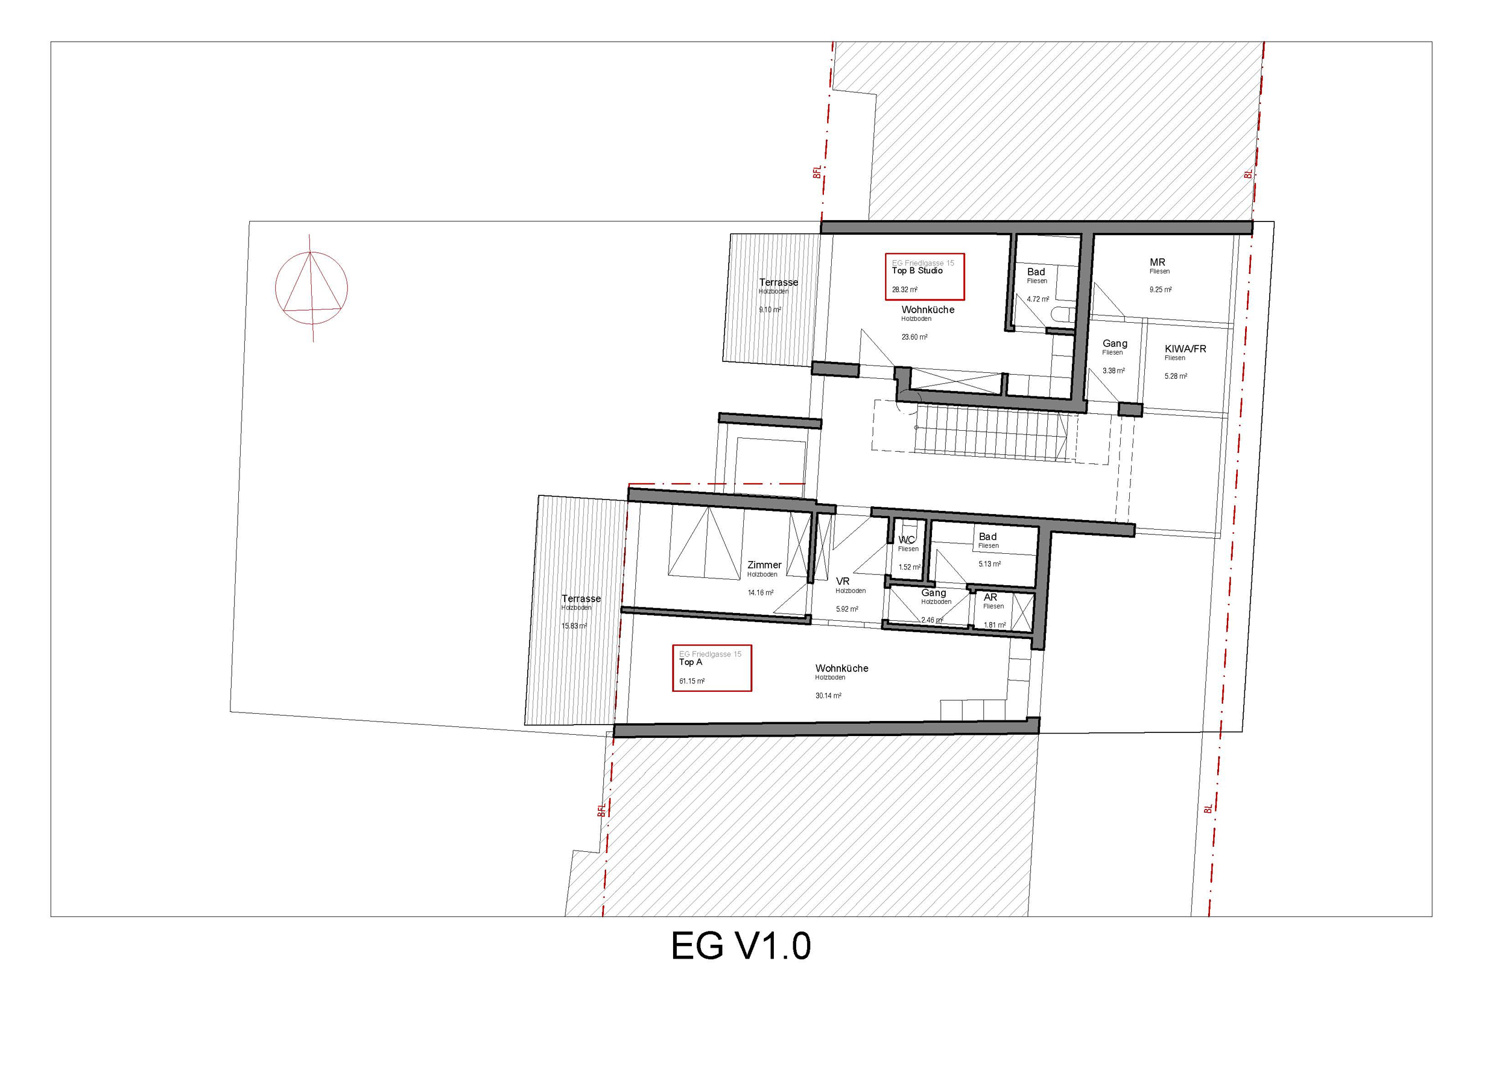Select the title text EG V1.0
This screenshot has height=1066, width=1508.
point(741,946)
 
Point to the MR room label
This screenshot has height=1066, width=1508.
point(1158,262)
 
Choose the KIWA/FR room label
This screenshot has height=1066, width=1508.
point(1185,349)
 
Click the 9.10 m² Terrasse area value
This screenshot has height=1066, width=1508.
point(770,309)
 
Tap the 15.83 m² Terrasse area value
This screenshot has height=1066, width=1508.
point(574,626)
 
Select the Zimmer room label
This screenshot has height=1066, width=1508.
point(764,565)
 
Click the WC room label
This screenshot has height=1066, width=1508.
point(907,540)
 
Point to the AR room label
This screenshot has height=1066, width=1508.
point(990,597)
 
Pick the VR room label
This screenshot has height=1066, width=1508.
point(843,582)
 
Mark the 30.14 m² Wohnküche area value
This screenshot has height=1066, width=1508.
point(828,696)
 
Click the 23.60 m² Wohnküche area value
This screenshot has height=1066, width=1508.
point(914,337)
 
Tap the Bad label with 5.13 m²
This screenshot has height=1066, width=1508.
point(988,536)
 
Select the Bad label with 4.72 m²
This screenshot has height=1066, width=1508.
point(1036,272)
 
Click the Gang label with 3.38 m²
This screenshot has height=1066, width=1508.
point(1115,343)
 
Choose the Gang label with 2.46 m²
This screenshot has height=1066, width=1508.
point(933,592)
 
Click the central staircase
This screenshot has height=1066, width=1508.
point(992,431)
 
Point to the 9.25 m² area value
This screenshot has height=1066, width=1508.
point(1161,290)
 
